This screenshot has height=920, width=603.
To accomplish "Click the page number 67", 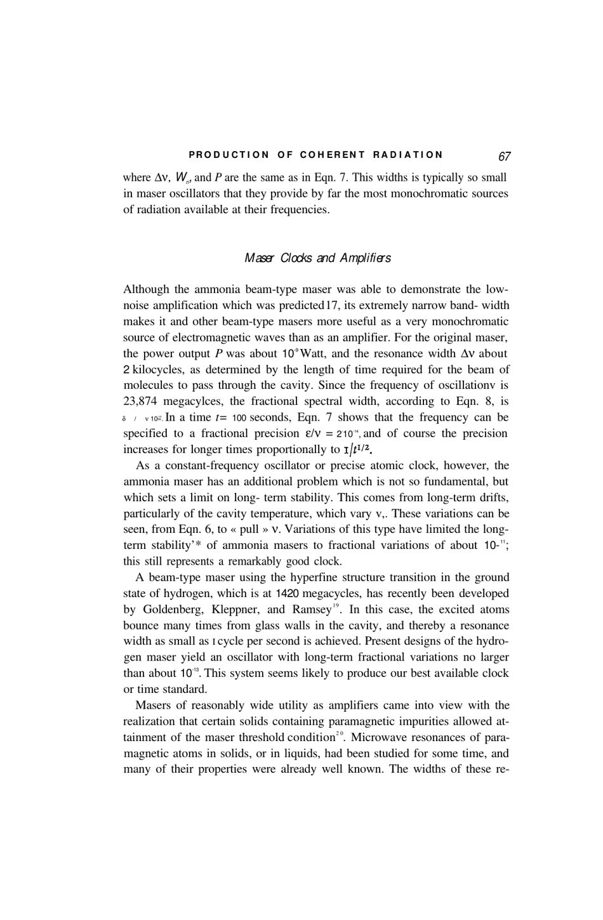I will tap(505, 156).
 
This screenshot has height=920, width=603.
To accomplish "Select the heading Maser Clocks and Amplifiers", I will tap(317, 258).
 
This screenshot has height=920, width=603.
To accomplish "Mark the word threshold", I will tap(261, 738).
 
